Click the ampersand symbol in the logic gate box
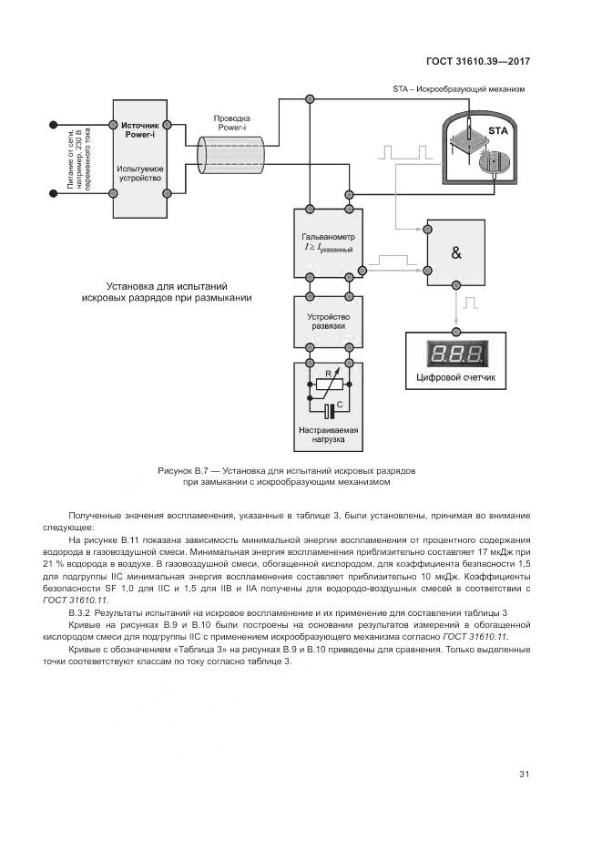pos(456,254)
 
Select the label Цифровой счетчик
pos(456,377)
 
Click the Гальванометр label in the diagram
pos(328,236)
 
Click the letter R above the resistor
pos(329,373)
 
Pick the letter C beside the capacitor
pos(340,404)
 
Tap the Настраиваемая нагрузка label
pos(329,435)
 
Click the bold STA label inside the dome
pos(498,132)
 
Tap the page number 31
pos(524,775)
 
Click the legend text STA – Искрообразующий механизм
pos(458,89)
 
